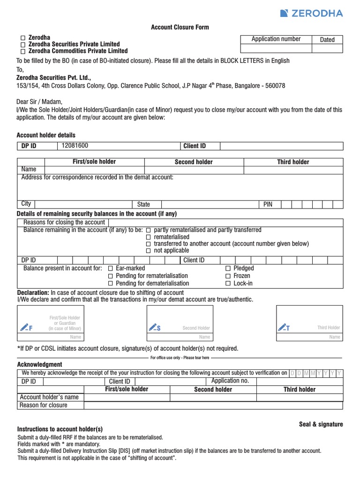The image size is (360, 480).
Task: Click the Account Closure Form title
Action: (180, 28)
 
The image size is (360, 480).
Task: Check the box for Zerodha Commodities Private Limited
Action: (22, 51)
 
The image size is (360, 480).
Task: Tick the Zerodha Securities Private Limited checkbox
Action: (22, 44)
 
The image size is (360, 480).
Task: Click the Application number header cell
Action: (276, 39)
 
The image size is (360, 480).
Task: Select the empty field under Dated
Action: (327, 48)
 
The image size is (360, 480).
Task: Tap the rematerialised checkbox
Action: (149, 238)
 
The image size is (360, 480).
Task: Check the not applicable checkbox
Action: (149, 251)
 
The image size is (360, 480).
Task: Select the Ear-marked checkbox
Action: (111, 269)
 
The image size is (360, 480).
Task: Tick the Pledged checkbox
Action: (228, 269)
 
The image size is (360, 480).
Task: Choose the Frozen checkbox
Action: (228, 276)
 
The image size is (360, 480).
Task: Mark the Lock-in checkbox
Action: (228, 284)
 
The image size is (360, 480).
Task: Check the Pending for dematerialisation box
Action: (111, 284)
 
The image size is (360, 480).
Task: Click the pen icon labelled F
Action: (26, 327)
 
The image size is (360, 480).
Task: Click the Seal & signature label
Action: (321, 424)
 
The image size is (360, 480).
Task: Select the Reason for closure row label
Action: (43, 405)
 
